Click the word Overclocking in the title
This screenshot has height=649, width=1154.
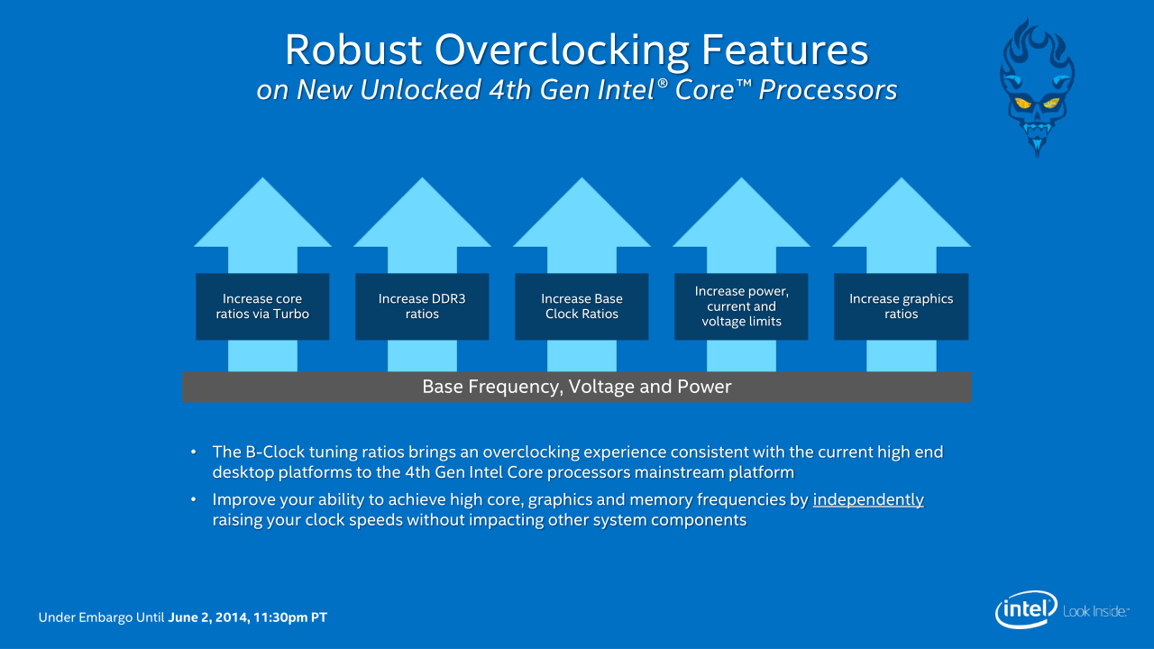[562, 50]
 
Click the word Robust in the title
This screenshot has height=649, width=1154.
[353, 50]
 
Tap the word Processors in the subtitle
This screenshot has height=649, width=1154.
[828, 89]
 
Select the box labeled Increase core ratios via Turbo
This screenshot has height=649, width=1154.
[262, 306]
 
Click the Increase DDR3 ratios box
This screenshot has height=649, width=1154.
[422, 306]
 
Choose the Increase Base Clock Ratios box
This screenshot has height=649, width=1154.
[582, 306]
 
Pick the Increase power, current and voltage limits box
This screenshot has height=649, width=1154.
[741, 306]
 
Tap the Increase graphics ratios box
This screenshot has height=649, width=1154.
[901, 306]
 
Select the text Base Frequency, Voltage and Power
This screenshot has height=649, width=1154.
[576, 387]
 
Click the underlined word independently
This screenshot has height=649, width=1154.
[868, 499]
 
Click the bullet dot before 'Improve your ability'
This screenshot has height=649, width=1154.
[194, 499]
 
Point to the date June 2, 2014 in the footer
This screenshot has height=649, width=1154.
[207, 617]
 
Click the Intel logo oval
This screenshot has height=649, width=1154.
[1026, 609]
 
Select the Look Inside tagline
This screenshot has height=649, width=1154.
[1095, 611]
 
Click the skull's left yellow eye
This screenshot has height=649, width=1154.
[1022, 104]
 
